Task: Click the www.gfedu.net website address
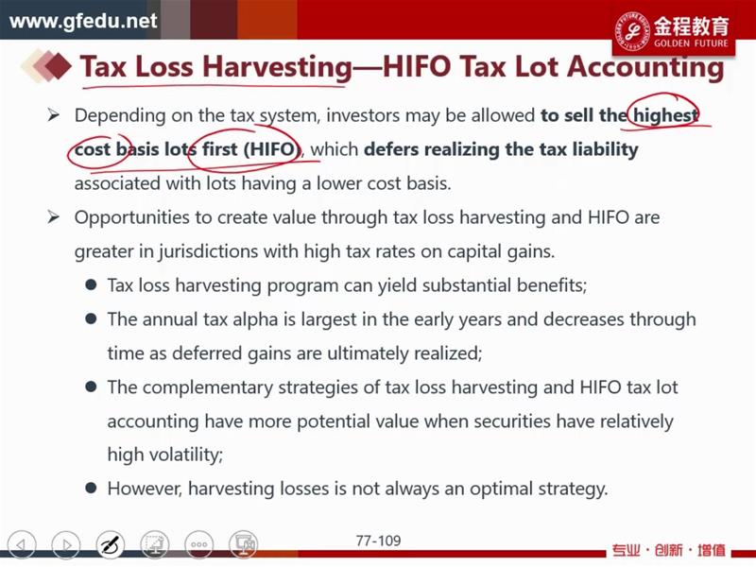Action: (83, 21)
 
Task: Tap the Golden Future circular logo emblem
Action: (632, 30)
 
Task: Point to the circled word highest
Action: (665, 115)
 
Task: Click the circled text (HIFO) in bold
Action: (271, 149)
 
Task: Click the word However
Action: (145, 489)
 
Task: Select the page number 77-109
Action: (379, 541)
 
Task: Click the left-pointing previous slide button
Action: (22, 545)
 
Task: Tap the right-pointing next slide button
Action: (66, 545)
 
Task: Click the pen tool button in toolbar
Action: (111, 545)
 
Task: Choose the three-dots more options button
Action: (199, 545)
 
